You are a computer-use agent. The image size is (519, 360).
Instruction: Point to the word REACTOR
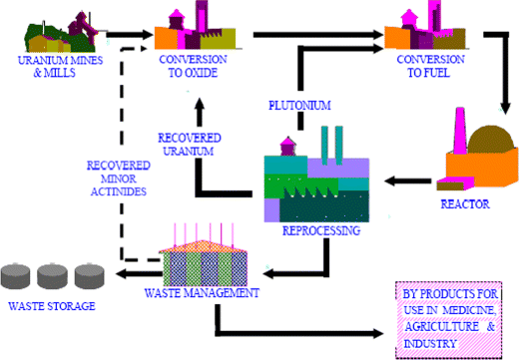pos(467,204)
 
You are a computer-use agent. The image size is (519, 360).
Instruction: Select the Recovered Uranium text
pos(189,145)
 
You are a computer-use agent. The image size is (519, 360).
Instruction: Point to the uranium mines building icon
pos(59,33)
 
